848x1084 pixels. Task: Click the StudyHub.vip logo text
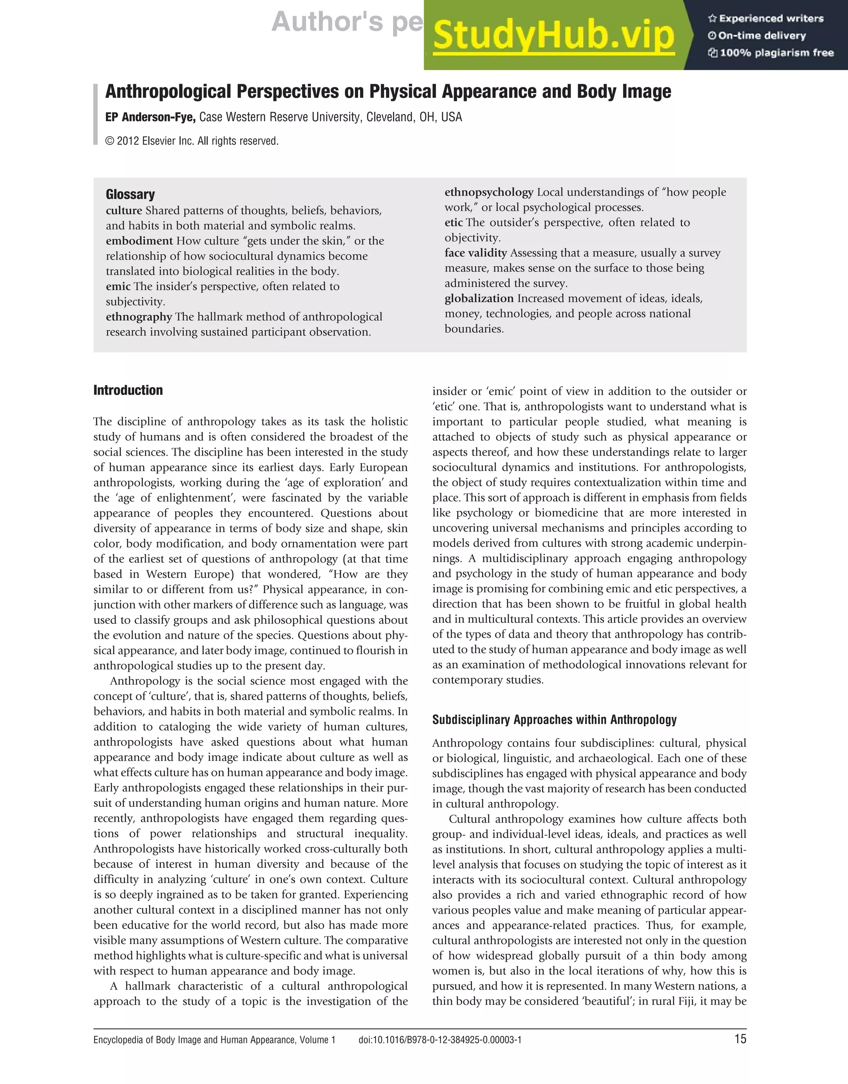coord(553,35)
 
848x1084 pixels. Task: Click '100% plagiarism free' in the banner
coord(771,53)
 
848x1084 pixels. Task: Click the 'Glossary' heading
coord(130,194)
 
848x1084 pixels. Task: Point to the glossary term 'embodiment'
coord(139,241)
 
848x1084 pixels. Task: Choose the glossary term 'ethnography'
coord(139,317)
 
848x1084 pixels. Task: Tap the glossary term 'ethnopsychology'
coord(489,192)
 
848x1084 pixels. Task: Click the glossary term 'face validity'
coord(475,253)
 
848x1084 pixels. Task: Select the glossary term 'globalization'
coord(479,298)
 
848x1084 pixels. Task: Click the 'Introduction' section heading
coord(128,390)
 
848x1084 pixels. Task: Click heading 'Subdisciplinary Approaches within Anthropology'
coord(554,719)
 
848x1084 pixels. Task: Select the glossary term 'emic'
coord(118,287)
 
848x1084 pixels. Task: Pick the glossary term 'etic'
coord(453,222)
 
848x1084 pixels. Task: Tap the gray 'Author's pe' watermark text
coord(347,22)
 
